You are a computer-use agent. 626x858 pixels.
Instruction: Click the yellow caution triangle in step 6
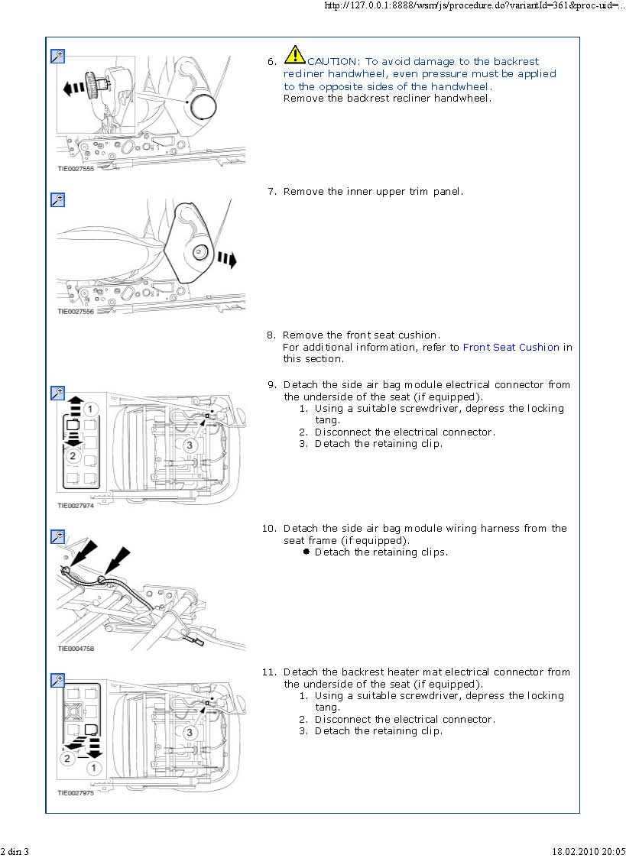[295, 54]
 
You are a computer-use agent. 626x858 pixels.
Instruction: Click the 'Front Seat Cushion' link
[511, 347]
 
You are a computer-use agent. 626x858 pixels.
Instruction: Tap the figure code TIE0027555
[76, 169]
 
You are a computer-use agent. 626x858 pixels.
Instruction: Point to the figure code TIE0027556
[76, 311]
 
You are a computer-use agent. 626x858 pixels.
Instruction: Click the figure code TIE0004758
[76, 649]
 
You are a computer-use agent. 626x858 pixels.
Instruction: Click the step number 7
[271, 192]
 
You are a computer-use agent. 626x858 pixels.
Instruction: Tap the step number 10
[269, 529]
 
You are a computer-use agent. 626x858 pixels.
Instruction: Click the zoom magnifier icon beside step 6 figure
[57, 56]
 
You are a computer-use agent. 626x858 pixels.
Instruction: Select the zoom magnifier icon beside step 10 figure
[57, 536]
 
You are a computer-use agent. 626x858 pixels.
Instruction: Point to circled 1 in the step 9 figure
[90, 409]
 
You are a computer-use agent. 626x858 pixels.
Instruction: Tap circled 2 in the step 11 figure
[68, 758]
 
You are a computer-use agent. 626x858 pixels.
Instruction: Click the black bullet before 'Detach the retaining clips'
[307, 552]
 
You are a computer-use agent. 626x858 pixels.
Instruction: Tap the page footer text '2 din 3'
[15, 851]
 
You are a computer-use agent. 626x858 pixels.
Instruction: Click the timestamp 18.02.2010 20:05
[589, 851]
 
